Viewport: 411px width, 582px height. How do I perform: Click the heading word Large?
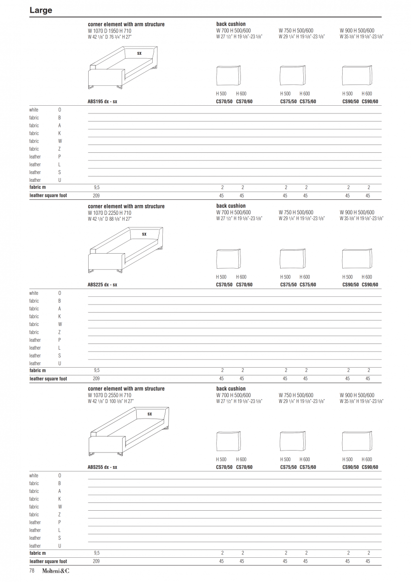41,10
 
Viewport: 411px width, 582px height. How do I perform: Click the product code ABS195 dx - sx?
102,101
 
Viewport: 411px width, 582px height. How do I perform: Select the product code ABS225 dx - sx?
102,285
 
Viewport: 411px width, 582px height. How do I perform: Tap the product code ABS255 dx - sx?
102,467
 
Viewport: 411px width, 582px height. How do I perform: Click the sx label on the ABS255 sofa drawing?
150,414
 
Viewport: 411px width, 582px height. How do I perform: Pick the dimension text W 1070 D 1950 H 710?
110,31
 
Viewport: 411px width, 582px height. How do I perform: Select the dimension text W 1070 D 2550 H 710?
110,395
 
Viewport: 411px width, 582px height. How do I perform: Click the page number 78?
32,571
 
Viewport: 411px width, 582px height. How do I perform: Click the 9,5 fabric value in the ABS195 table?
96,187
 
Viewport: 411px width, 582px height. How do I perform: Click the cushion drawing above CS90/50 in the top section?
357,76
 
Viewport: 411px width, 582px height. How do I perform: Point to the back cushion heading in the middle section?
231,206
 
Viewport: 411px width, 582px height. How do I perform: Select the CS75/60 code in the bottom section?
308,467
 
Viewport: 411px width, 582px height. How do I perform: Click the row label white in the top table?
33,110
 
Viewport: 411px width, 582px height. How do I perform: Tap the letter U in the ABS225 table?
60,363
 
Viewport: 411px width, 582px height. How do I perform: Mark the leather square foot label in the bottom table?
48,561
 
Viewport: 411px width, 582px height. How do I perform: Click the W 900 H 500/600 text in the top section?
357,31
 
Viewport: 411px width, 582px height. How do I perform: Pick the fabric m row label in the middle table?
38,371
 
